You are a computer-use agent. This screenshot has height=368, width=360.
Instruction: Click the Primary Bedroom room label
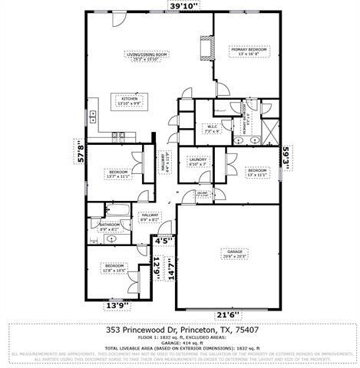tap(246, 51)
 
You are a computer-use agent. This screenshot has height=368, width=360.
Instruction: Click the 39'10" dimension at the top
tap(183, 6)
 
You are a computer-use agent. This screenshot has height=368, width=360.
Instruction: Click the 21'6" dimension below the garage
tap(226, 314)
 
